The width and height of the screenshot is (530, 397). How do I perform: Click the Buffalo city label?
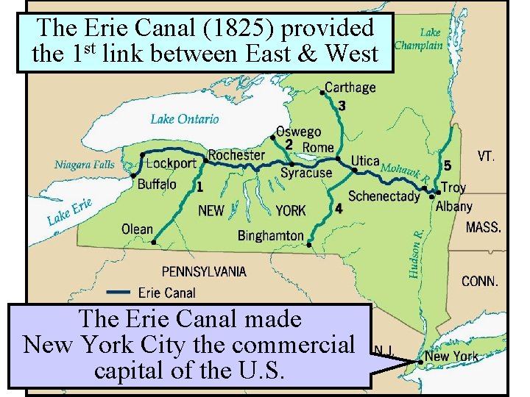point(157,184)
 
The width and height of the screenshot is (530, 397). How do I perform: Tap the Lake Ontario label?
point(185,118)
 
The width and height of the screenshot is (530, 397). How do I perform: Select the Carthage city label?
point(350,87)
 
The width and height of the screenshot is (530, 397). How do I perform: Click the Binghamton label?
point(270,235)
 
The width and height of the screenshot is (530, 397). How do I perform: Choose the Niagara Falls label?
point(85,164)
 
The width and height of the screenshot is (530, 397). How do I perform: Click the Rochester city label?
point(236,154)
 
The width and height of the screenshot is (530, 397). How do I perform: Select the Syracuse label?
point(306,174)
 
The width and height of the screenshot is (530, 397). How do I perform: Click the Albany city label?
point(453,207)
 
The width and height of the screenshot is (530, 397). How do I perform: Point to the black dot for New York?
point(420,362)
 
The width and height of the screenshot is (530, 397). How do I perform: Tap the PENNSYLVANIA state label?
point(204,271)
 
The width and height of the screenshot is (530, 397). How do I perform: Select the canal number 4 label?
point(338,209)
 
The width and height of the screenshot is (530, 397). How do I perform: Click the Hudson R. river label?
point(417,252)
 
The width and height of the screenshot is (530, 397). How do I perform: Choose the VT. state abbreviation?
point(486,156)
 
